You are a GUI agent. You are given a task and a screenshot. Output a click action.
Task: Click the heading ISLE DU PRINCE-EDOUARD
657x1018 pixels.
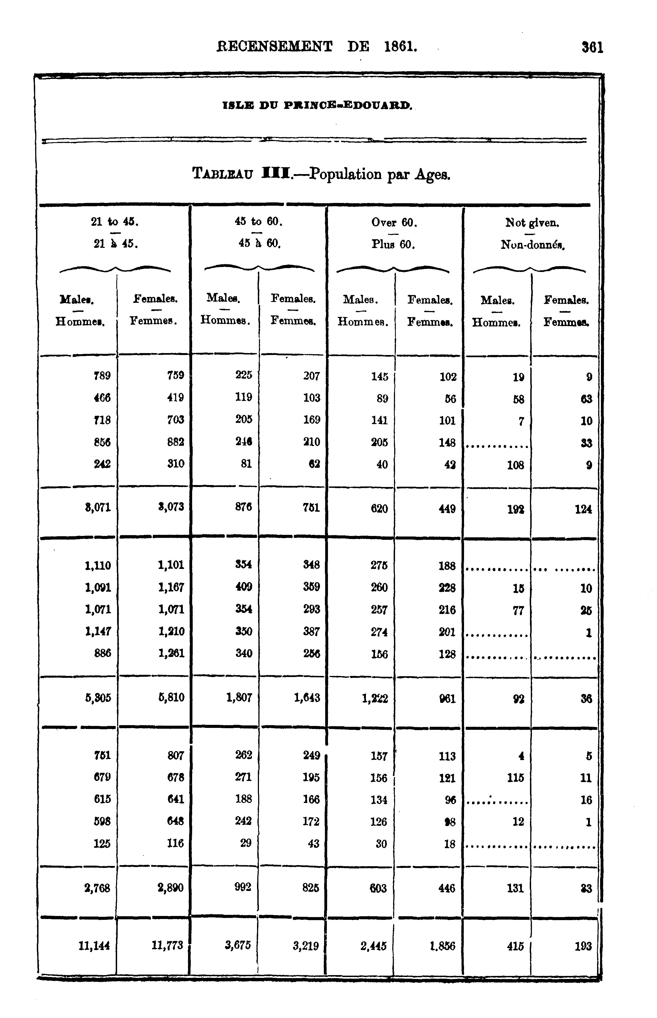coord(317,104)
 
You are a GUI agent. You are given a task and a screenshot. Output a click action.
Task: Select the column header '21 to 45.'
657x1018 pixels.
coord(115,222)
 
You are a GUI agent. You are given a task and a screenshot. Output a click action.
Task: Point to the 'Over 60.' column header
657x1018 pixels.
coord(394,222)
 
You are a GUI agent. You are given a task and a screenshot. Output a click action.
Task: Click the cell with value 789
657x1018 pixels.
coord(102,375)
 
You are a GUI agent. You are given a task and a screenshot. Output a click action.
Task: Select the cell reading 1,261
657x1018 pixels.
coord(171,653)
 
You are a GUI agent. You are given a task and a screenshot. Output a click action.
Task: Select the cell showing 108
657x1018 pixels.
coord(515,465)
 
